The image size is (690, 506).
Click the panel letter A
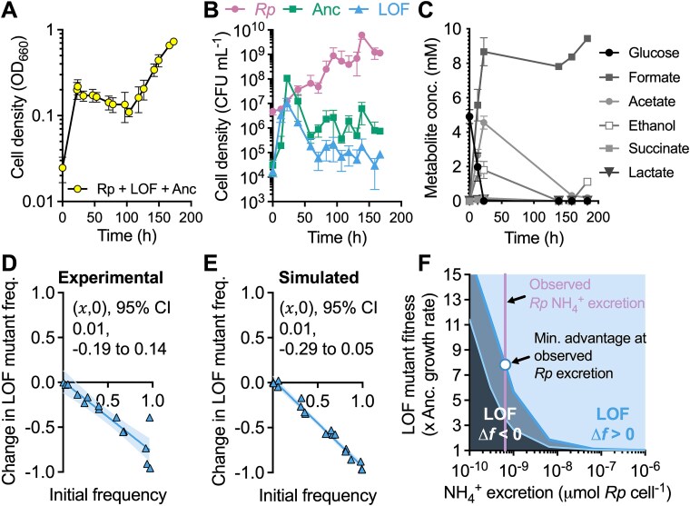click(x=11, y=13)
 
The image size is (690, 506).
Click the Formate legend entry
click(x=628, y=89)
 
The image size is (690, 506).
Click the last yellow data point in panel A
click(x=173, y=42)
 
